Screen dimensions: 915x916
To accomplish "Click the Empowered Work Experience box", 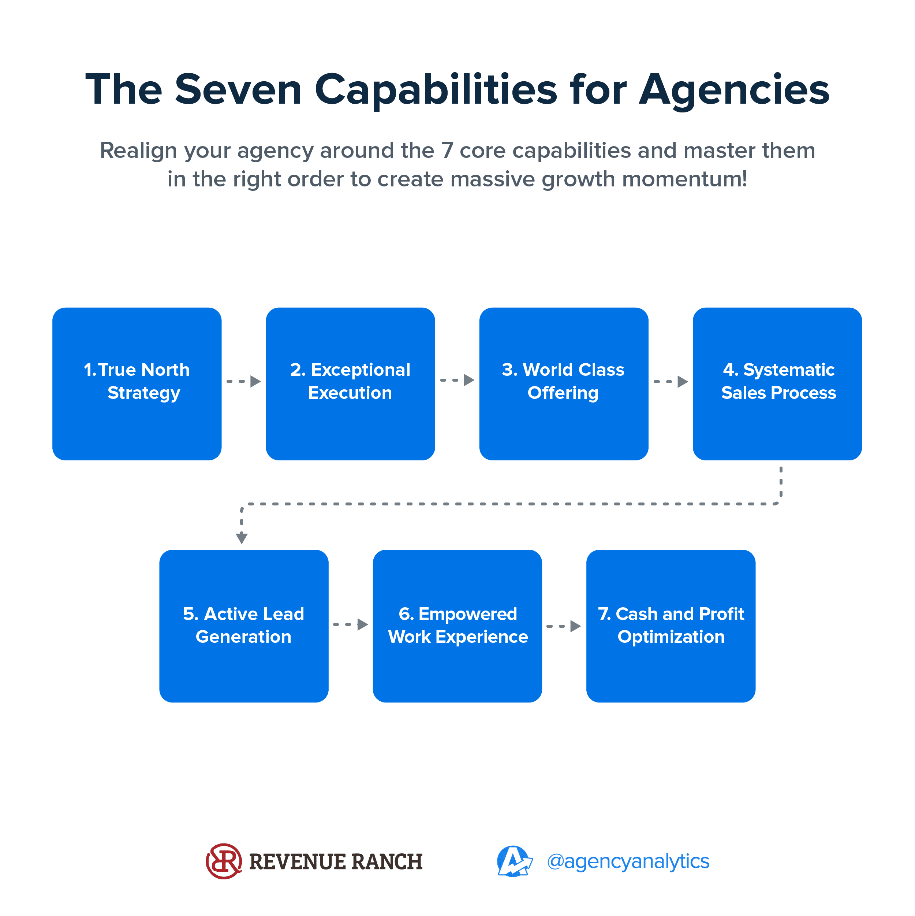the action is (457, 626).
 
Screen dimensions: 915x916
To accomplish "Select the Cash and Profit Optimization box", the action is (671, 626).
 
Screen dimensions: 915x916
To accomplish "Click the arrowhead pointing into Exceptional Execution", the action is (256, 381).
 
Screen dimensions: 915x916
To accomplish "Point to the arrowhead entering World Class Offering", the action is (469, 380).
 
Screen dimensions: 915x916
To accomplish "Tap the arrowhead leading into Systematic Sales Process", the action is (683, 382).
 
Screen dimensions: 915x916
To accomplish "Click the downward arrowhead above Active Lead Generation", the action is (242, 538).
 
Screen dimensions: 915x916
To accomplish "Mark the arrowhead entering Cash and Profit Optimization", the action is (576, 626).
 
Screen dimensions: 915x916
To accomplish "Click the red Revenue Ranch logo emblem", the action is (224, 861).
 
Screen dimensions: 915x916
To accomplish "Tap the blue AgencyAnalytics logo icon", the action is (515, 861).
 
